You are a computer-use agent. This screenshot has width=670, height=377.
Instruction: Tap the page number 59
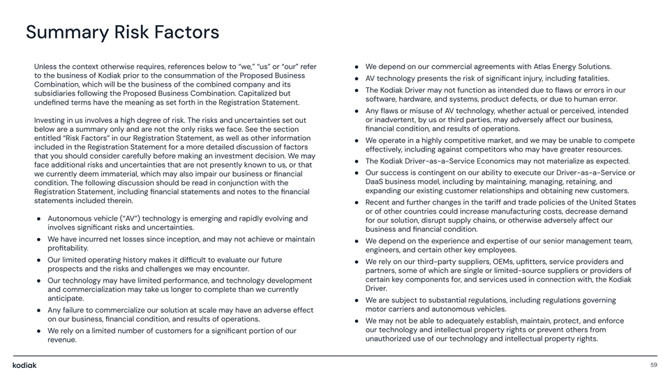pyautogui.click(x=653, y=365)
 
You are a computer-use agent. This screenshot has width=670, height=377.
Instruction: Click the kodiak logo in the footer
pyautogui.click(x=24, y=365)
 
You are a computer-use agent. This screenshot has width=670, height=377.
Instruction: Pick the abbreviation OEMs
pyautogui.click(x=491, y=262)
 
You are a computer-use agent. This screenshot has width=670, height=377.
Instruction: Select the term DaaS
pyautogui.click(x=378, y=182)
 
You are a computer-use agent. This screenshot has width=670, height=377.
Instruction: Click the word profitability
pyautogui.click(x=68, y=248)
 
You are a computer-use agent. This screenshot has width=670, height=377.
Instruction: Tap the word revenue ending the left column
pyautogui.click(x=61, y=340)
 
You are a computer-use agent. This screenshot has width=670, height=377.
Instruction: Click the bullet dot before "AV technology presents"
pyautogui.click(x=357, y=78)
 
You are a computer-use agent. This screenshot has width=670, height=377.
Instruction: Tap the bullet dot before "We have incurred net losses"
pyautogui.click(x=40, y=239)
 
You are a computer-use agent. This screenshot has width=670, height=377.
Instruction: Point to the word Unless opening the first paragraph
pyautogui.click(x=47, y=66)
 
